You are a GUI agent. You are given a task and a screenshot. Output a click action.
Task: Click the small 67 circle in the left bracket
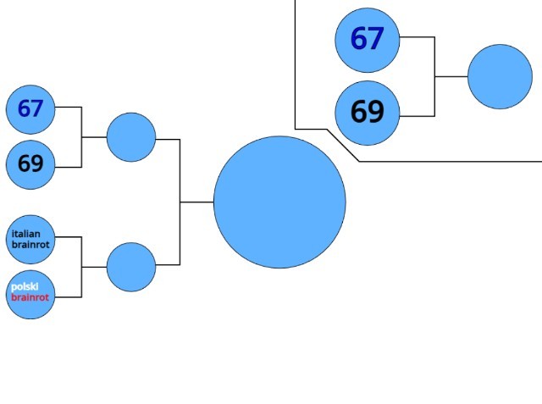pos(30,109)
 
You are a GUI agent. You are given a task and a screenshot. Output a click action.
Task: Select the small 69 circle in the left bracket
pos(30,164)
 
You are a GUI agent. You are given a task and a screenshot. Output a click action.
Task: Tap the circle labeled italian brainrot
pos(30,239)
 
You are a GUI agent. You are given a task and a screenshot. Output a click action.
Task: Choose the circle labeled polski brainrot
pos(30,295)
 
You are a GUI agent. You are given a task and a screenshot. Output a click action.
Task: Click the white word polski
pos(25,287)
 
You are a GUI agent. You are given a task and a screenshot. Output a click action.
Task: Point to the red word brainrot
pos(30,298)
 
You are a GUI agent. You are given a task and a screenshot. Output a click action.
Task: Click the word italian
pos(26,234)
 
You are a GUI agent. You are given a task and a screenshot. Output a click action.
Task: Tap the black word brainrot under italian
pos(30,245)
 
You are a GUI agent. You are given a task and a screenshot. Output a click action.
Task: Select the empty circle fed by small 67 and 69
pos(131,137)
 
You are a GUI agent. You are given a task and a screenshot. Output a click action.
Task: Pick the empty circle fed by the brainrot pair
pos(131,267)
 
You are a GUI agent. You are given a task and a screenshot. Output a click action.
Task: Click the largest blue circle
pos(279,202)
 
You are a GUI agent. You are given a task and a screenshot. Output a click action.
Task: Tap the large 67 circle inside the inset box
pos(367,39)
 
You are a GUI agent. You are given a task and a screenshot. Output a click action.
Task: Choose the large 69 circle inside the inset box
pos(367,113)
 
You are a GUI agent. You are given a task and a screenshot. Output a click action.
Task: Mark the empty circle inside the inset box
pos(500,76)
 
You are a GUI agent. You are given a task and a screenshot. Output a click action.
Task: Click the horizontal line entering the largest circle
pos(196,202)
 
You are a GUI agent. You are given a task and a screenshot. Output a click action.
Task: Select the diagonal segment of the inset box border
pos(343,145)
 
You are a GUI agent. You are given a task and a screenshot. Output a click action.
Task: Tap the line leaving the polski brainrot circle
pos(68,296)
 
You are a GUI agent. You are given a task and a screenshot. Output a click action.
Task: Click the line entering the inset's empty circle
pos(451,76)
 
